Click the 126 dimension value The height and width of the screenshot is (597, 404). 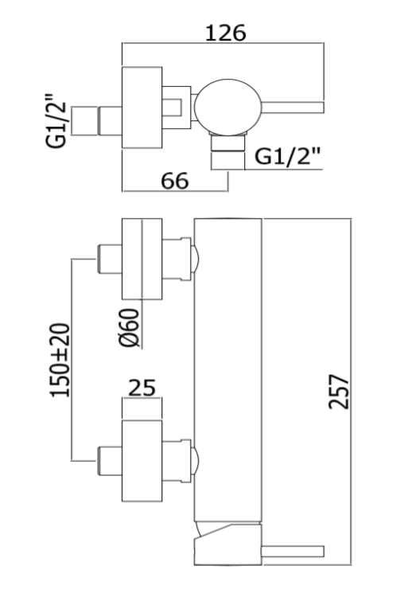[x=226, y=33]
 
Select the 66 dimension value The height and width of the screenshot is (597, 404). [x=175, y=181]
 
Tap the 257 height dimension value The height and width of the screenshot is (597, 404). [x=338, y=392]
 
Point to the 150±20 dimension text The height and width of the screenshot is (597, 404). [x=60, y=360]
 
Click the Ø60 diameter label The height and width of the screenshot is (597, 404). [x=130, y=328]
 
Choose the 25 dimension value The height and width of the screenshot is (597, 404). [x=142, y=388]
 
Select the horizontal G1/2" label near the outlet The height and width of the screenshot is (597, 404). [x=287, y=156]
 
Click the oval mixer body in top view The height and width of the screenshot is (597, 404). [x=228, y=107]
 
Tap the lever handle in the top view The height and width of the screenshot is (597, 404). [x=293, y=107]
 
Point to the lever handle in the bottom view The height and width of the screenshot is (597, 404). [x=293, y=552]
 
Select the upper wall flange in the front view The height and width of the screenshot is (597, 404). [x=142, y=259]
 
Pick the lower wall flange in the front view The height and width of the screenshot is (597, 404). [x=142, y=461]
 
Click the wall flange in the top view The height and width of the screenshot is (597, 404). [x=142, y=107]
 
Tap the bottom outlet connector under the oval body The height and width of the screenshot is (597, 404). [x=227, y=143]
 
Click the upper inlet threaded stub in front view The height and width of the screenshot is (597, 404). [x=110, y=259]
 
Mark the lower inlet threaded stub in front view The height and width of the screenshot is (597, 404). [x=110, y=461]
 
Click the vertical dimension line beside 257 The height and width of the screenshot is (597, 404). [x=352, y=392]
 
